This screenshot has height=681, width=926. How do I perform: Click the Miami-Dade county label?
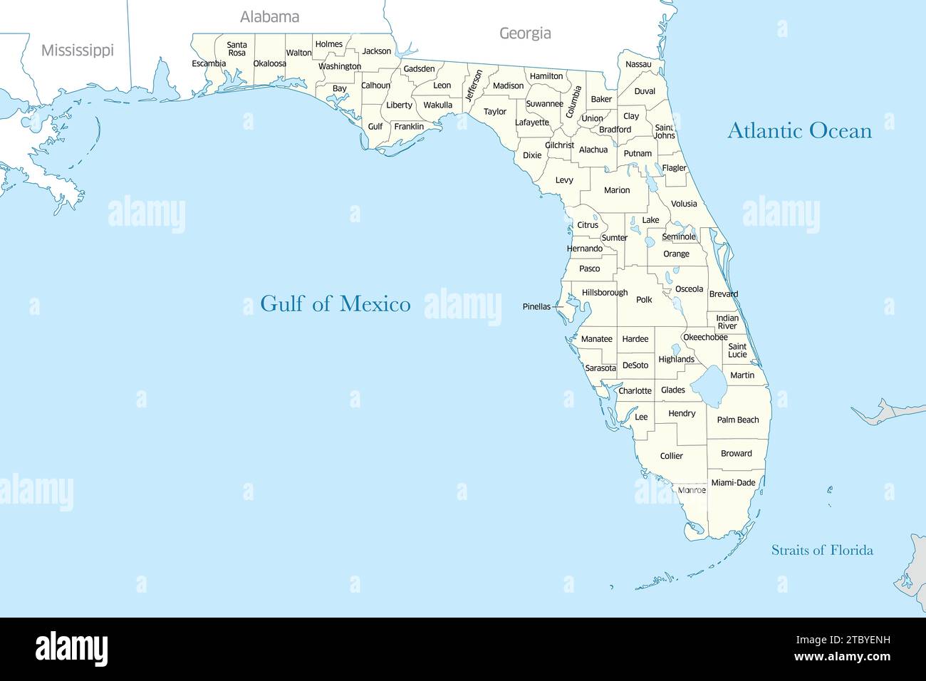tap(733, 483)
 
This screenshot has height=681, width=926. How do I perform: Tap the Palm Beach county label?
tap(737, 420)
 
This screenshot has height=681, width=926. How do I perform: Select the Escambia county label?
tap(209, 64)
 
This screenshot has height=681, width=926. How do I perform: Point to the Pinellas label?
tap(536, 307)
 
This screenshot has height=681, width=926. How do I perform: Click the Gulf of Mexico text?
tap(335, 303)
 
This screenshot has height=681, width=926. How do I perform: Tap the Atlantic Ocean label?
tap(799, 131)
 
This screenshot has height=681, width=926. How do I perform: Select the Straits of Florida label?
tap(822, 550)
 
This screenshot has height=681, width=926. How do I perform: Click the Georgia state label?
tap(525, 33)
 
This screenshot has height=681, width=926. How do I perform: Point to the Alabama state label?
tap(269, 17)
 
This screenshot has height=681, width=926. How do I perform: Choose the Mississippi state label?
tap(77, 51)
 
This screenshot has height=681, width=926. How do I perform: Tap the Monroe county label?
tap(692, 490)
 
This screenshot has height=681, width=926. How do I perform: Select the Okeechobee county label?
tap(705, 338)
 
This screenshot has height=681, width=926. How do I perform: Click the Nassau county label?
tap(638, 65)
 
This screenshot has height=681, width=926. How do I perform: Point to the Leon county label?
tap(442, 86)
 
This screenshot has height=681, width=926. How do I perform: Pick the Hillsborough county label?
tap(605, 293)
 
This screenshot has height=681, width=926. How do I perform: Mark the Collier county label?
tap(671, 456)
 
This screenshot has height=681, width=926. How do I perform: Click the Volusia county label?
tap(684, 204)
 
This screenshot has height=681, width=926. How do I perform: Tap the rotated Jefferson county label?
tap(474, 85)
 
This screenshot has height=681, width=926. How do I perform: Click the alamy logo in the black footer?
tap(71, 649)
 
